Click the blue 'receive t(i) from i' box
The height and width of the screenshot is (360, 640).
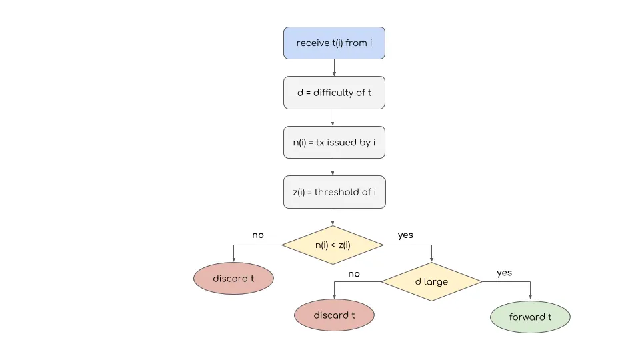334,43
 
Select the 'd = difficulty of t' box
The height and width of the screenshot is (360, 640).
334,93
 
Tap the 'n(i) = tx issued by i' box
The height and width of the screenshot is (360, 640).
334,143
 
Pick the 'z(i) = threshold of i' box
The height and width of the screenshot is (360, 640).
335,192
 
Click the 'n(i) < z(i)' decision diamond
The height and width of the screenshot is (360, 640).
333,245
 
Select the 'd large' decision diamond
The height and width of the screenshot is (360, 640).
432,281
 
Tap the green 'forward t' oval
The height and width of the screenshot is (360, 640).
530,317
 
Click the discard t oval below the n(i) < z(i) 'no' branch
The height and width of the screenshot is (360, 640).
233,279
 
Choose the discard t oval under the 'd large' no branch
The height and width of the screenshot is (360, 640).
334,315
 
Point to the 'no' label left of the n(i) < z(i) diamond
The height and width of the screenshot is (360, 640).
258,235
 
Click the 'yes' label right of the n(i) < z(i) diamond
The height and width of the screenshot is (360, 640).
405,235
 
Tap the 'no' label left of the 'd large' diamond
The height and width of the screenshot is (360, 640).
354,274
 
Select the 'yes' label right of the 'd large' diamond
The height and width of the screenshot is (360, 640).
504,273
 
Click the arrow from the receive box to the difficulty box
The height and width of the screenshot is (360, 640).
334,68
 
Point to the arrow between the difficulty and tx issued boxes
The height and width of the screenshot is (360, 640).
333,117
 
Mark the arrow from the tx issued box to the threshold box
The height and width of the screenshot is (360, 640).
333,167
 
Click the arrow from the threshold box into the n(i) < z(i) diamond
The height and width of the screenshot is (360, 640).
333,217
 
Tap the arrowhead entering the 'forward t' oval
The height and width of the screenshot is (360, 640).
530,297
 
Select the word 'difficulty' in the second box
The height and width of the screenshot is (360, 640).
333,93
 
